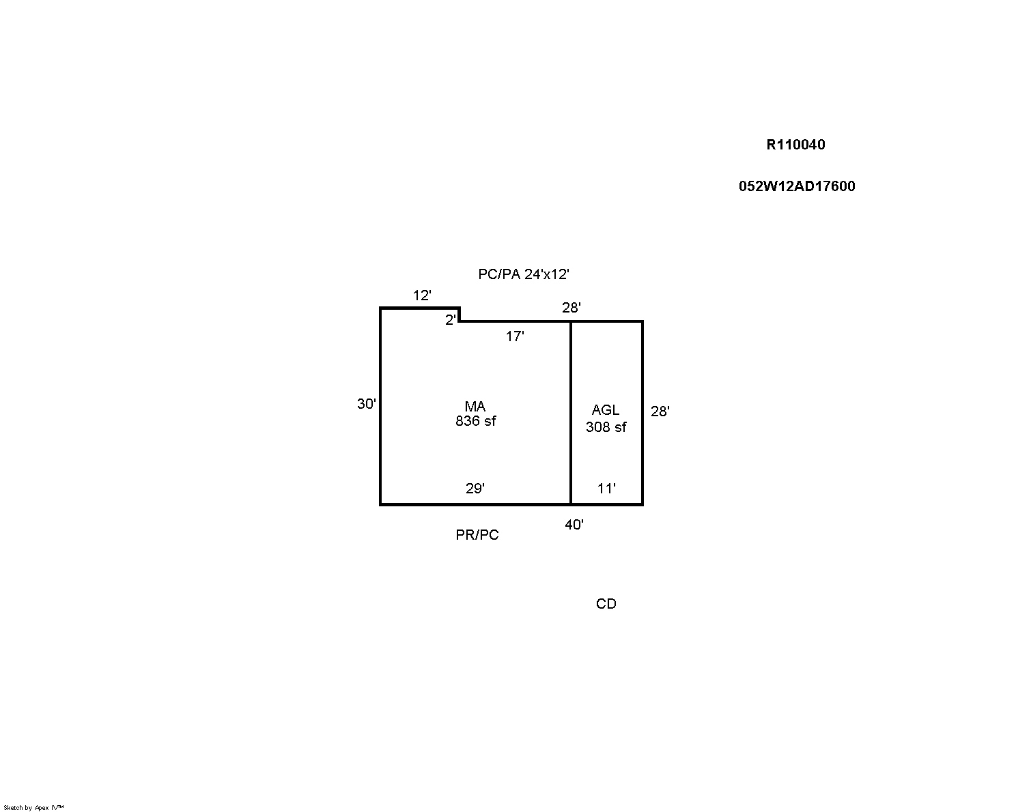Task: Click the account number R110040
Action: tap(795, 145)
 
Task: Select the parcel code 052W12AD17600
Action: tap(797, 186)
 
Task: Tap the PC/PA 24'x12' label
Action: tap(524, 274)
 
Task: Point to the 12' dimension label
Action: tap(422, 295)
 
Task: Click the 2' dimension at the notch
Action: tap(451, 320)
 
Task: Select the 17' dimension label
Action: tap(515, 336)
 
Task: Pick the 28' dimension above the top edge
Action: tap(571, 308)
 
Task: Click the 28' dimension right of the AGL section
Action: tap(660, 411)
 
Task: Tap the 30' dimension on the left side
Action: tap(367, 404)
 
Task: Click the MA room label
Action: tap(475, 406)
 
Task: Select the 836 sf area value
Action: tap(475, 421)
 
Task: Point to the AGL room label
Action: tap(605, 409)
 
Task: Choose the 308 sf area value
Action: tap(606, 427)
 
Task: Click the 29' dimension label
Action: tap(475, 489)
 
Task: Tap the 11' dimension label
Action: tap(606, 489)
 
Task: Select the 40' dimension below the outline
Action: tap(574, 525)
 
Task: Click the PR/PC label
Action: tap(477, 534)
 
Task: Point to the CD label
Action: tap(606, 604)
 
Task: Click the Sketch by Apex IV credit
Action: tap(33, 807)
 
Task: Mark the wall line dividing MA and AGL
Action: tap(571, 414)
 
